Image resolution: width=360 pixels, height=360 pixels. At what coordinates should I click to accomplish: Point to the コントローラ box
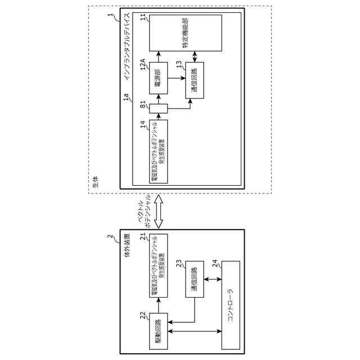[x=231, y=304]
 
